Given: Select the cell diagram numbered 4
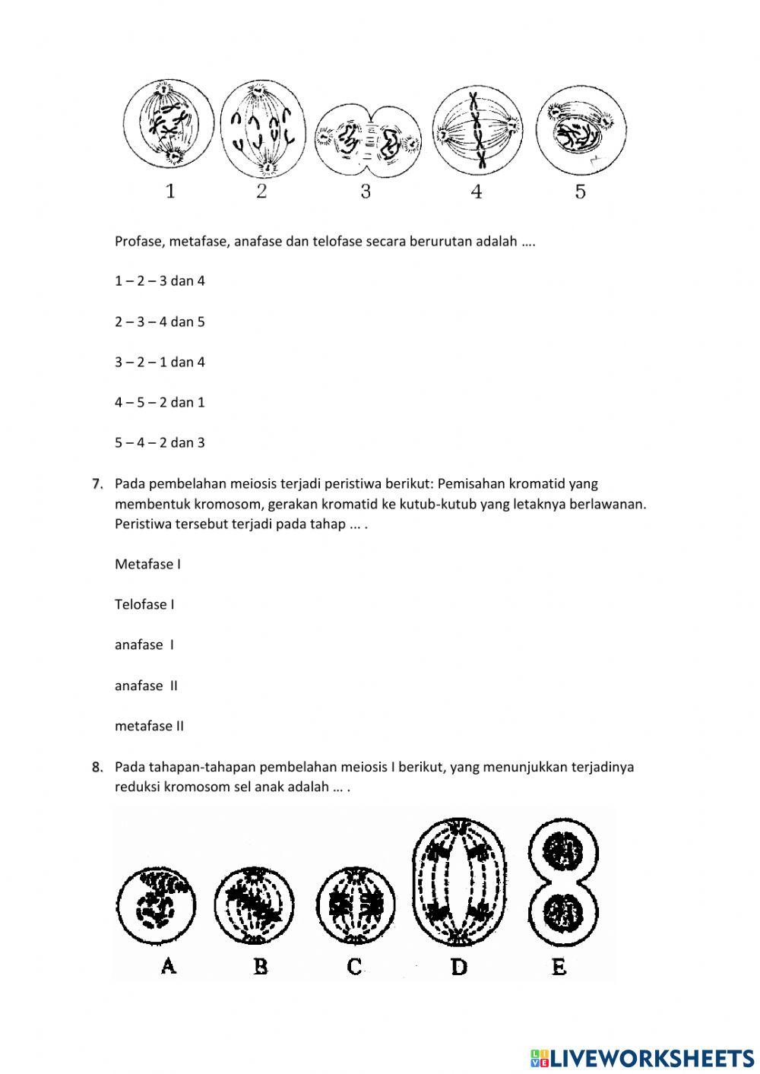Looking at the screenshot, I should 477,127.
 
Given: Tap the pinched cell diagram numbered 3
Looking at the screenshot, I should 368,141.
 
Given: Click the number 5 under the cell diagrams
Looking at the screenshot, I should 581,192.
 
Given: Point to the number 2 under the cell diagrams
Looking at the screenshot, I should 261,192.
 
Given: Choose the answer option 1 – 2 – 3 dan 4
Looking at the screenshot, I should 160,281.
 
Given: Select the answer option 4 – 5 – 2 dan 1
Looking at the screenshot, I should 160,402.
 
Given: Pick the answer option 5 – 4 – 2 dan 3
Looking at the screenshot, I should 160,442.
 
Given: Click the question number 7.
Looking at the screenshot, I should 97,484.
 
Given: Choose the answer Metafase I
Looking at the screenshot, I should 147,564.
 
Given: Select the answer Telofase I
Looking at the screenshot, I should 144,604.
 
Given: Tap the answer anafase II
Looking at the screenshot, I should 146,686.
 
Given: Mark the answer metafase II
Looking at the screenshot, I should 149,726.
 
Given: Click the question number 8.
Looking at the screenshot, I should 97,768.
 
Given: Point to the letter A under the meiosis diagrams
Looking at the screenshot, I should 169,966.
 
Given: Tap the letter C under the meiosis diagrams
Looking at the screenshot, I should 354,966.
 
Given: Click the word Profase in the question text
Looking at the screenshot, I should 138,242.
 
